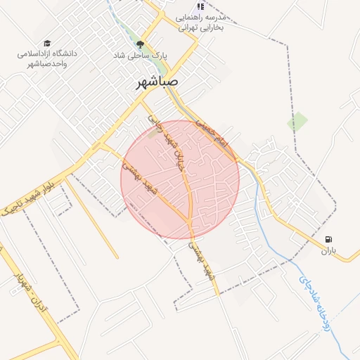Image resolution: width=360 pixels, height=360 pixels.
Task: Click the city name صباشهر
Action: coord(157,82)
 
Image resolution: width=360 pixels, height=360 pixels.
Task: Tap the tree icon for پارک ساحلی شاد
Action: coord(139,44)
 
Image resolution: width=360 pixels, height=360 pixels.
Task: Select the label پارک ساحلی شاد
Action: coord(141,54)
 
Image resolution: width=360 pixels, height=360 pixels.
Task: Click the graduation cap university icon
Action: coord(47,43)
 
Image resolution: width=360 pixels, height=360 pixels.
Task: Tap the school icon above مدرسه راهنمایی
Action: coord(201,6)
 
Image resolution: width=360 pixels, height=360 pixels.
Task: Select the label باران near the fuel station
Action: coord(330,250)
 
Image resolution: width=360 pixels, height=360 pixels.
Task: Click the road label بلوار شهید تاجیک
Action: coord(34,202)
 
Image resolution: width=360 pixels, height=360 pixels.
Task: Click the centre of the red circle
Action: coord(180,179)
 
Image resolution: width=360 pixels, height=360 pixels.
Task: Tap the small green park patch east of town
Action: coord(297,122)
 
